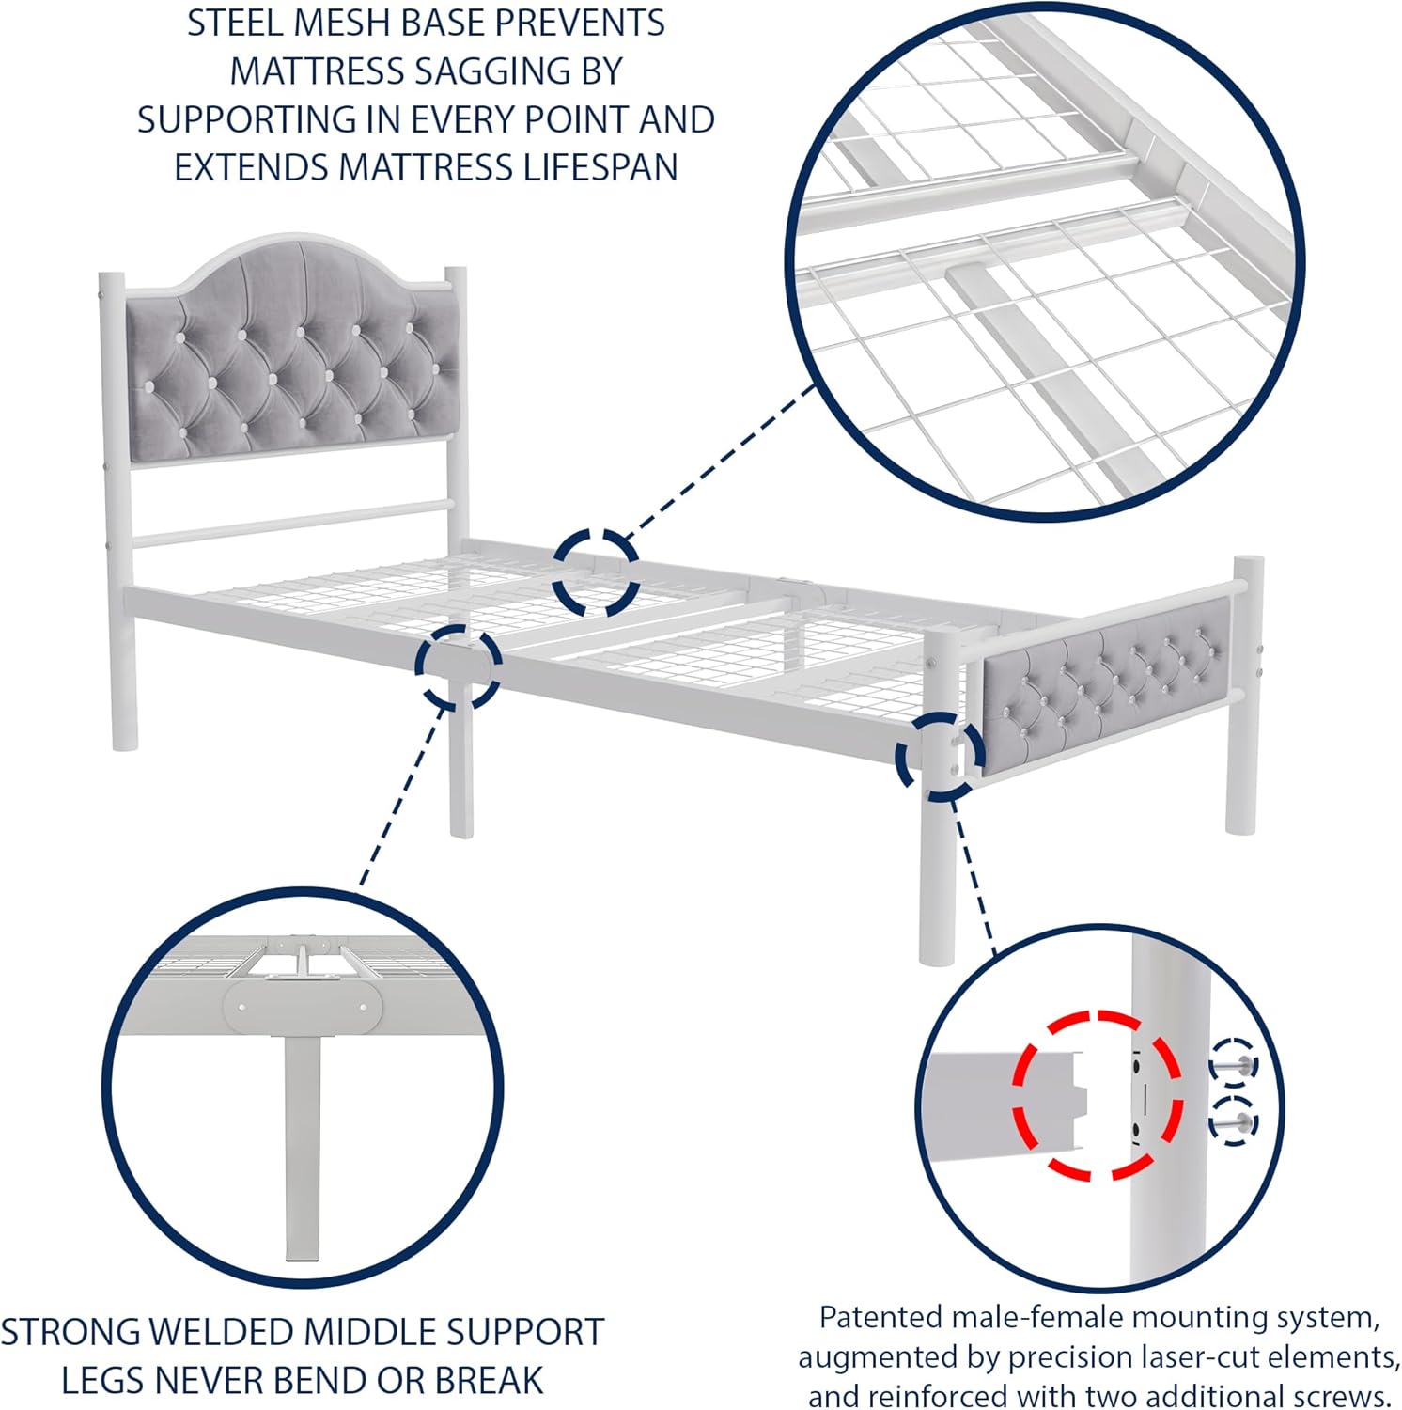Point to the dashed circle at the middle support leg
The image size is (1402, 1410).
tap(459, 666)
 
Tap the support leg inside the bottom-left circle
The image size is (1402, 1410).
tap(302, 1147)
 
